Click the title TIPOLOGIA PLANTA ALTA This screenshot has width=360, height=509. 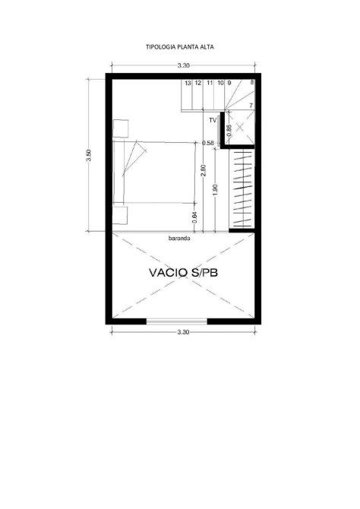pos(179,47)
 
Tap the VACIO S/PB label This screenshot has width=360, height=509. pos(183,273)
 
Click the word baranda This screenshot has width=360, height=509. pos(179,239)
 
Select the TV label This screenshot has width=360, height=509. pos(213,121)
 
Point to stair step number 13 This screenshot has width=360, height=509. pos(188,83)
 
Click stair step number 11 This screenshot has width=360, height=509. pos(210,83)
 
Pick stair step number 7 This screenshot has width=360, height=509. pos(251,106)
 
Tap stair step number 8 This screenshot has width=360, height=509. pos(252,83)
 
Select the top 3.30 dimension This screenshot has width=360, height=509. pos(183,65)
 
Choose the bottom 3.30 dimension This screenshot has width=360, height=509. pos(183,332)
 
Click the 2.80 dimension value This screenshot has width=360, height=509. pos(204,171)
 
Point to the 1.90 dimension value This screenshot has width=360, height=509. pos(215,190)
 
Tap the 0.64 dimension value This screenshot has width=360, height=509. pos(194,217)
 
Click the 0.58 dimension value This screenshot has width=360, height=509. pos(208,143)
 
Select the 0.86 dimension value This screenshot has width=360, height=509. pos(229,131)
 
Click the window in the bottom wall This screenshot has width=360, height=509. pos(177,321)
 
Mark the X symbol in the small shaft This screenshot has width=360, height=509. pos(239,128)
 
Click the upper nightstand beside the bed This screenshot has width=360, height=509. pos(121,128)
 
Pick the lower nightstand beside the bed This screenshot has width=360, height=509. pos(120,214)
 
